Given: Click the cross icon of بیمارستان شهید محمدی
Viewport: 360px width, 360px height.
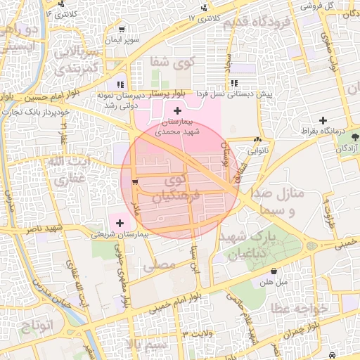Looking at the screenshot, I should click(177, 111).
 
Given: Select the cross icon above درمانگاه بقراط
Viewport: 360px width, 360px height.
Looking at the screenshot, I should click(323, 120).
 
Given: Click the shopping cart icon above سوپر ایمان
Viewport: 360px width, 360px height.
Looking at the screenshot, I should click(122, 30).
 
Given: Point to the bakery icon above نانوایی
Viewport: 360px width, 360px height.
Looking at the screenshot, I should click(258, 139).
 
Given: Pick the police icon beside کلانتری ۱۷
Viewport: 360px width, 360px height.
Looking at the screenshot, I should click(204, 8).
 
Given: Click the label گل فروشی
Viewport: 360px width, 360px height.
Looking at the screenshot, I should click(317, 5).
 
